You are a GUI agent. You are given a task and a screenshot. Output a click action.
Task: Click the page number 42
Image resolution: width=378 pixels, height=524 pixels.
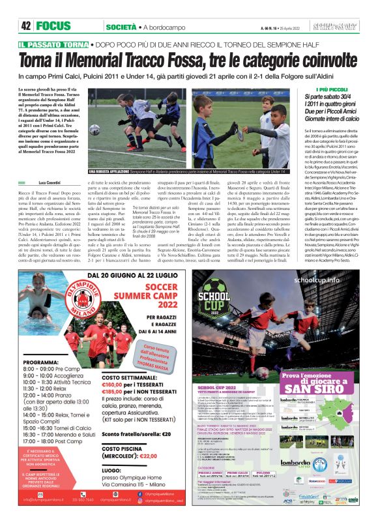(26, 26)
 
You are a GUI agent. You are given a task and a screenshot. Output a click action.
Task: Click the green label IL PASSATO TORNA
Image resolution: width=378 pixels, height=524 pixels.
(63, 44)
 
